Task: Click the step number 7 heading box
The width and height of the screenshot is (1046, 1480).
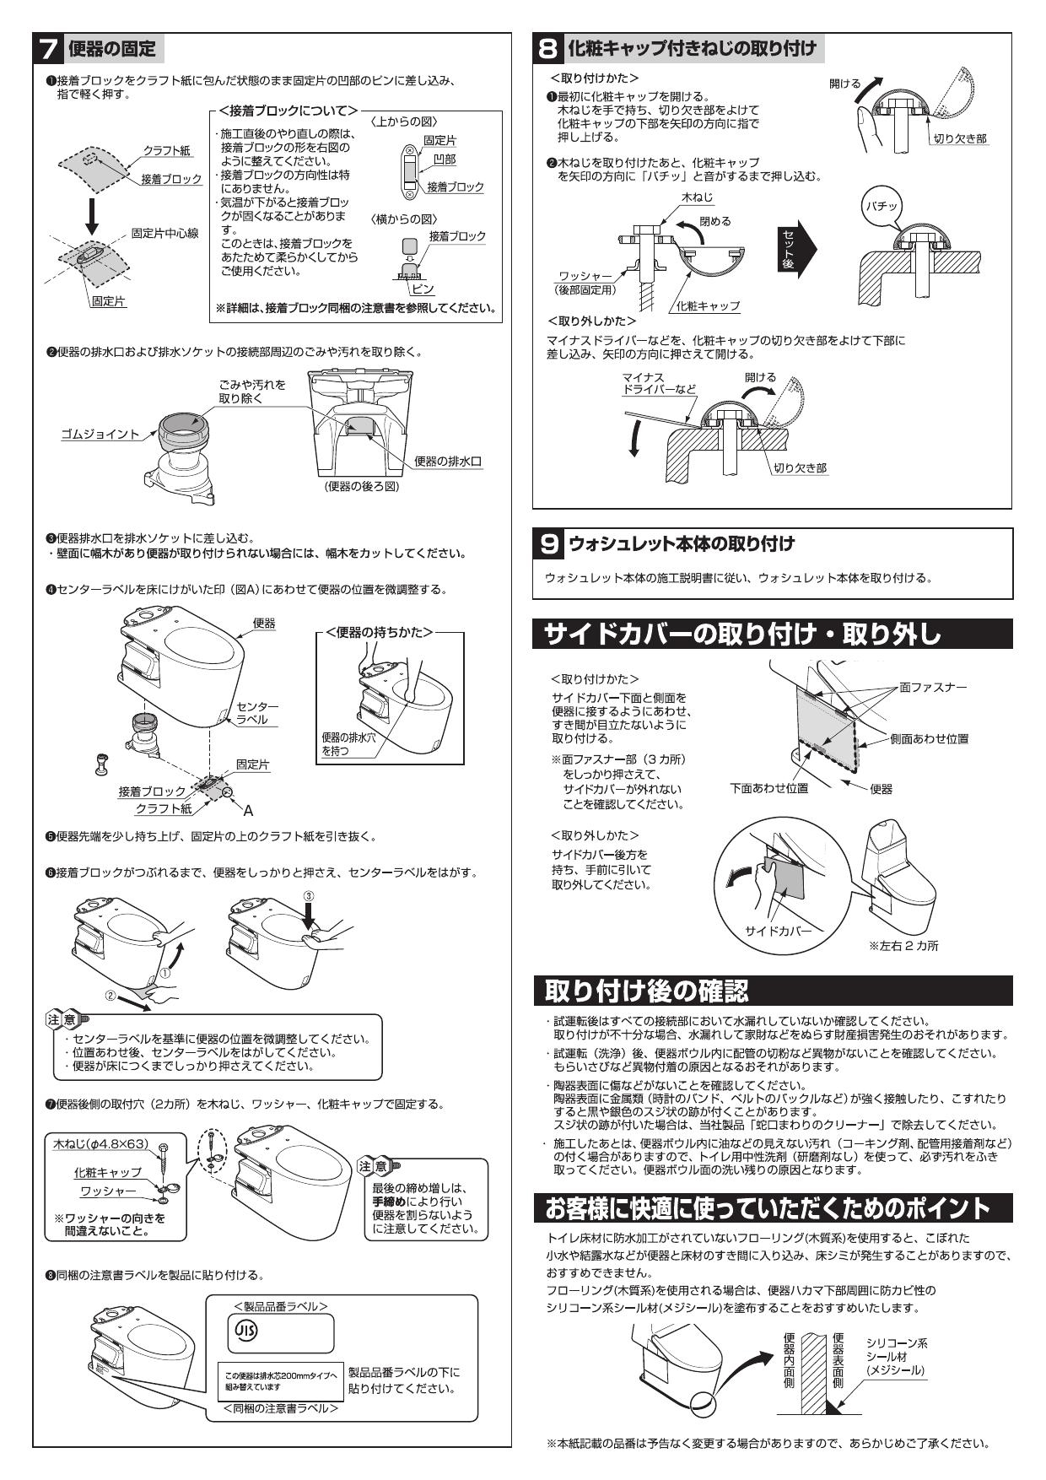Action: [x=49, y=48]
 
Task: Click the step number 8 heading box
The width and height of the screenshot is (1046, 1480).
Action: [x=549, y=48]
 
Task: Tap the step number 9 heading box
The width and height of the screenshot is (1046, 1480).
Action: [x=549, y=544]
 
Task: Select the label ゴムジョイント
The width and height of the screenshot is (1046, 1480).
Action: [x=100, y=434]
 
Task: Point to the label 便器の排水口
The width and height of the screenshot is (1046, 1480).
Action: [x=448, y=461]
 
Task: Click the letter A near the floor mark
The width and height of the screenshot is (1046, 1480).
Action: [x=248, y=810]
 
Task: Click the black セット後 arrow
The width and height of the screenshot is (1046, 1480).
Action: [x=795, y=249]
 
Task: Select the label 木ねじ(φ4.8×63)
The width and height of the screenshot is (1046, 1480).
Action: [x=100, y=1144]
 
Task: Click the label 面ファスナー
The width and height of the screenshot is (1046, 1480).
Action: [x=933, y=687]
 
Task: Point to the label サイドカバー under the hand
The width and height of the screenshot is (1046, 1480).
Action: [x=778, y=931]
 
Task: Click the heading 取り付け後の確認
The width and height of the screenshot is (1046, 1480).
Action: [x=646, y=990]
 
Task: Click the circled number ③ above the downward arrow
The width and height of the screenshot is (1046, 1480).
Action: [x=309, y=894]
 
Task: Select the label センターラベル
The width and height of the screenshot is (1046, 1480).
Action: [x=256, y=712]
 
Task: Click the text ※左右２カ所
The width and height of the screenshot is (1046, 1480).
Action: [x=903, y=946]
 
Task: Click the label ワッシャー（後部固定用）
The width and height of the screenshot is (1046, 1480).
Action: [x=584, y=283]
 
